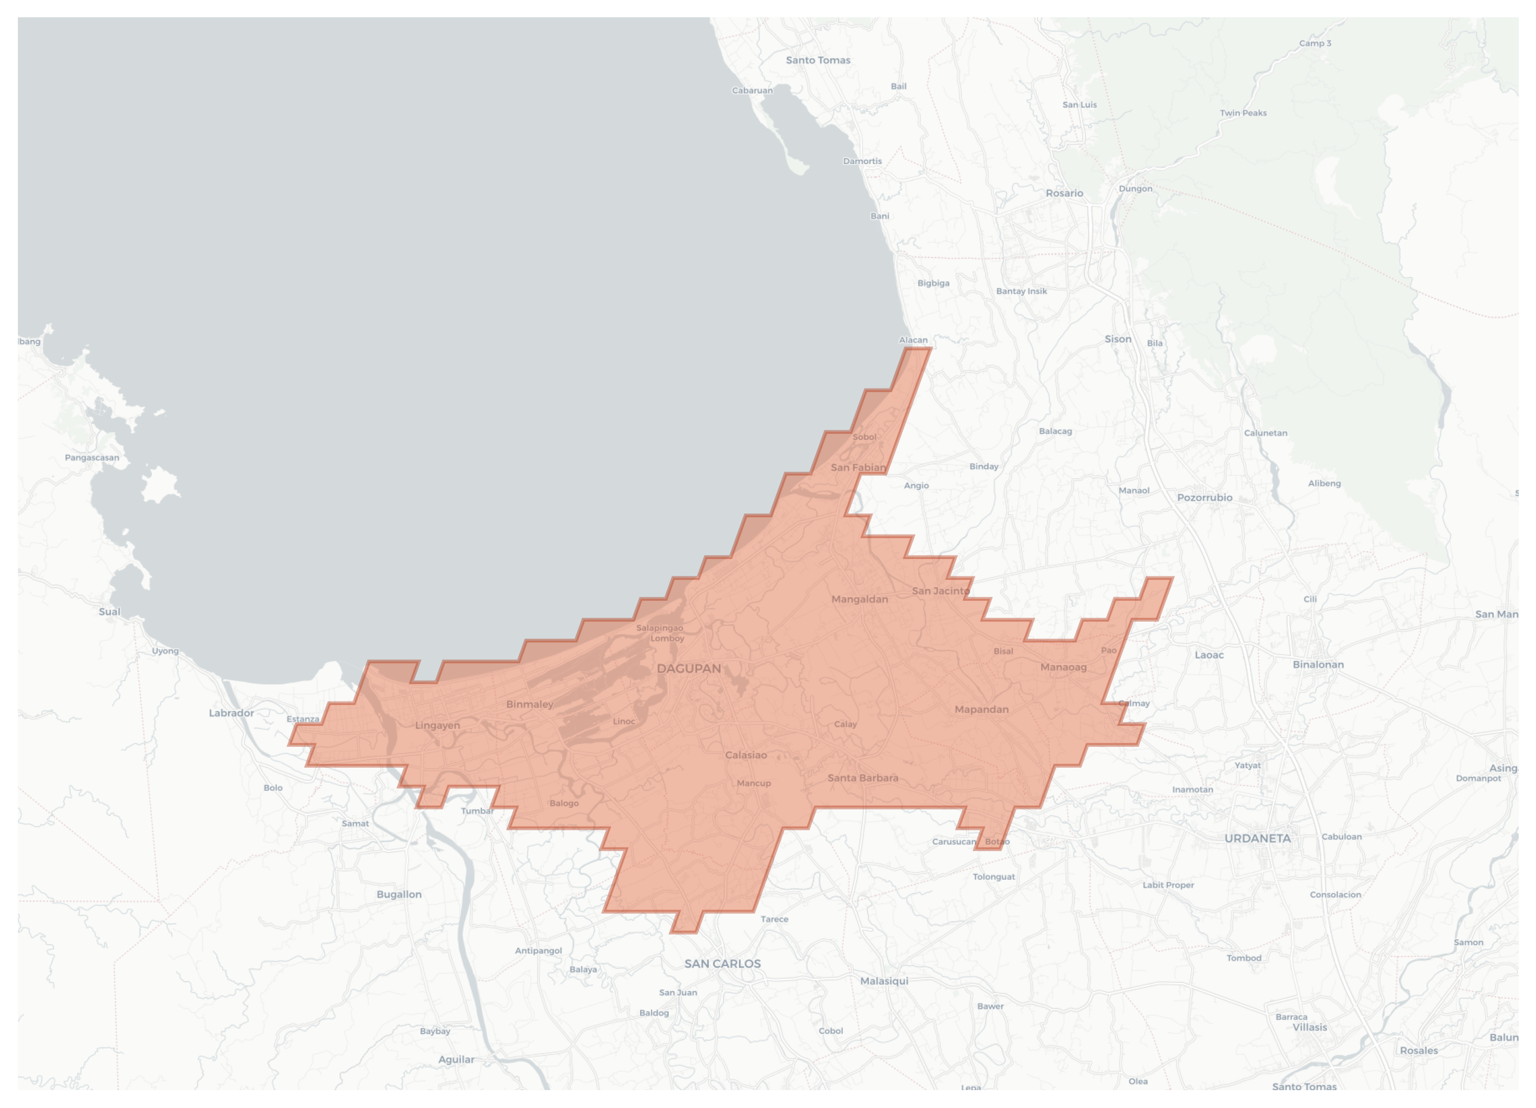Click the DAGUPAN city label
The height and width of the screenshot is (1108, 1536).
pyautogui.click(x=688, y=669)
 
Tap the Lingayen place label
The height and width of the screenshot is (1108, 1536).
pyautogui.click(x=438, y=725)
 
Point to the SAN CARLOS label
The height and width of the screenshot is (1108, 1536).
pyautogui.click(x=722, y=964)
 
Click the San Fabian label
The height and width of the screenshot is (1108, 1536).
pyautogui.click(x=858, y=468)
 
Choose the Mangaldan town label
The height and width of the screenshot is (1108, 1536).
pyautogui.click(x=859, y=599)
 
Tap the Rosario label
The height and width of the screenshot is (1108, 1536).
pyautogui.click(x=1064, y=193)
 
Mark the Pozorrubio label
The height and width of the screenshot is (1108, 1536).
pyautogui.click(x=1204, y=498)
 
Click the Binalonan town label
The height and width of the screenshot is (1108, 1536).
pyautogui.click(x=1318, y=664)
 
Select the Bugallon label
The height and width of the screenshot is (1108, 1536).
pyautogui.click(x=399, y=895)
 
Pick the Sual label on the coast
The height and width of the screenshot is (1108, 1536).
pyautogui.click(x=109, y=612)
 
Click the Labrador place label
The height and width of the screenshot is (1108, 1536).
pyautogui.click(x=231, y=713)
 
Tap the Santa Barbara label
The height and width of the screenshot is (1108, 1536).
pyautogui.click(x=863, y=778)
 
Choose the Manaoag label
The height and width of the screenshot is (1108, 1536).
pyautogui.click(x=1063, y=667)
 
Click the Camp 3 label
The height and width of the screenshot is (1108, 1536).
pyautogui.click(x=1314, y=44)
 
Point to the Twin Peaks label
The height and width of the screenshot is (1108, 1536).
pyautogui.click(x=1243, y=113)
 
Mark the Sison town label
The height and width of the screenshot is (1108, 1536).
pyautogui.click(x=1117, y=339)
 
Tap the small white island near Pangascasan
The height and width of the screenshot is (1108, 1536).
pyautogui.click(x=159, y=484)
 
